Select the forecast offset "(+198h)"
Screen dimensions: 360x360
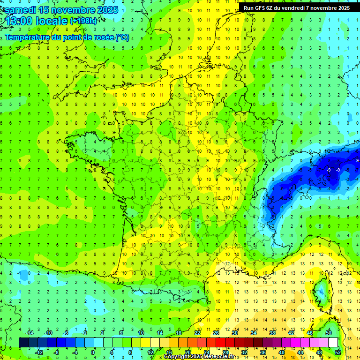coord(83,22)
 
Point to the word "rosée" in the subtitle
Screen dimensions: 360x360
coord(96,37)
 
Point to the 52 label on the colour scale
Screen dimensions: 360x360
coord(338,352)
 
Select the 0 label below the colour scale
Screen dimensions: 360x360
coord(92,352)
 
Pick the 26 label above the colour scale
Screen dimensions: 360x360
coord(216,333)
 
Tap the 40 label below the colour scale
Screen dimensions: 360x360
coord(282,352)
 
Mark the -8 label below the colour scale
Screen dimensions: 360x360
coord(56,352)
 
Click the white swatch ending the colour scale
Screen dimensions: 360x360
coord(333,343)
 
